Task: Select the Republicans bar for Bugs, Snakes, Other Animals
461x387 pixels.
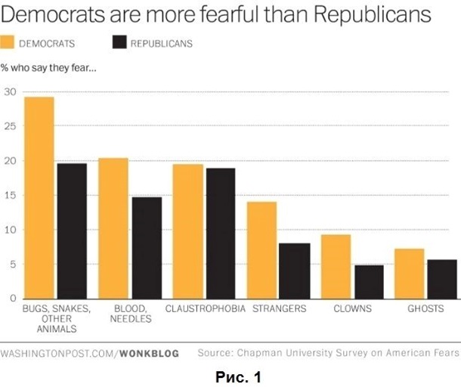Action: tap(72, 231)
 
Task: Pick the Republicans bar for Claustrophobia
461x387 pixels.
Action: tap(221, 234)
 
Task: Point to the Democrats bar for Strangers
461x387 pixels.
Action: tap(262, 250)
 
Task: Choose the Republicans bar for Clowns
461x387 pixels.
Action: tap(369, 282)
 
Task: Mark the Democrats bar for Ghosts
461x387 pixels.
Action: tap(410, 274)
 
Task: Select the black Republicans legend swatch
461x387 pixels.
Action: tap(119, 42)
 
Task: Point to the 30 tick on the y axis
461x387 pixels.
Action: tap(10, 92)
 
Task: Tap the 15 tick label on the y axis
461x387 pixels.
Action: tap(10, 196)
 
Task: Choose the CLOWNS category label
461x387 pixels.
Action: tap(353, 309)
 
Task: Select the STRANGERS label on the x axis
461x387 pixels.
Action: tap(278, 309)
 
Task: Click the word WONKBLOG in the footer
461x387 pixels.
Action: tap(149, 353)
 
